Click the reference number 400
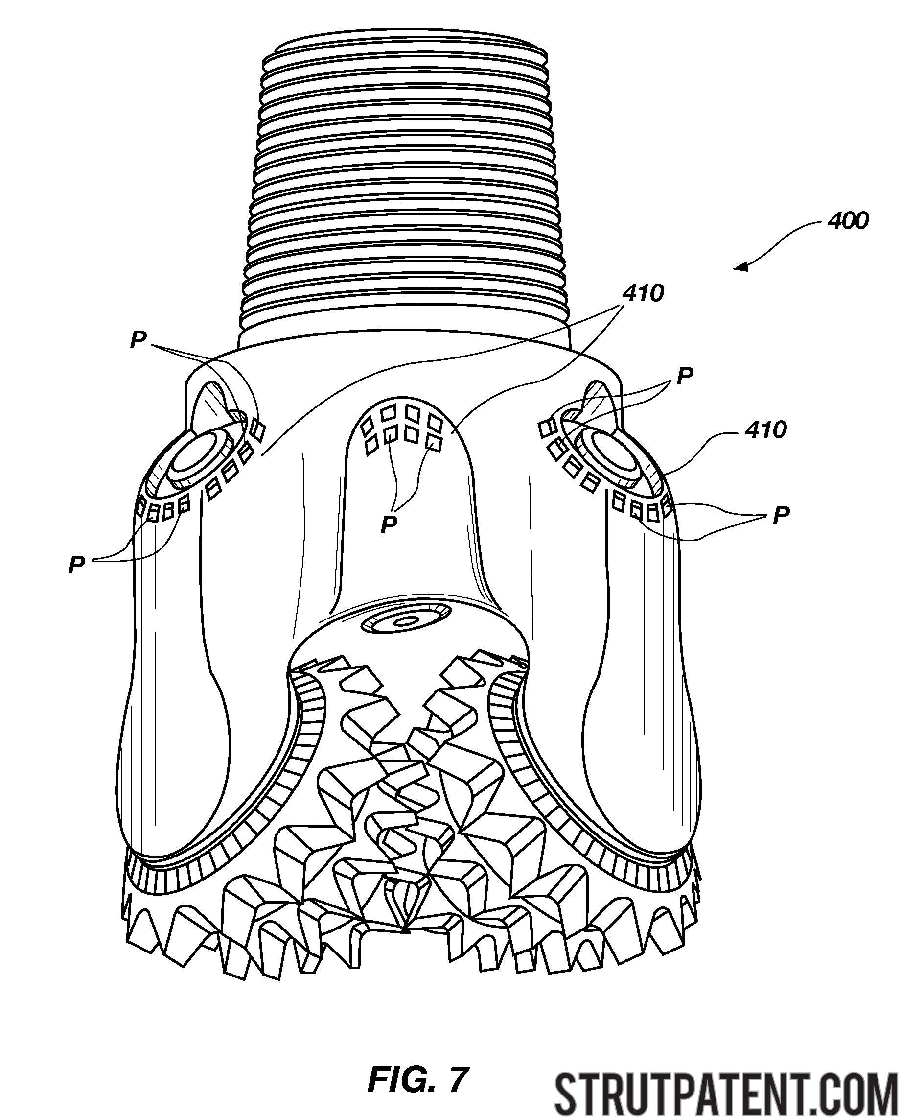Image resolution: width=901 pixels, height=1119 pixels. pos(848,221)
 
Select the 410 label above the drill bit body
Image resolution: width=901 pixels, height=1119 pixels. pos(643,294)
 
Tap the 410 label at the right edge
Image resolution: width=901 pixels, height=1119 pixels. pos(765,430)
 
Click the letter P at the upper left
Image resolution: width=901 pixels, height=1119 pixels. pos(138,341)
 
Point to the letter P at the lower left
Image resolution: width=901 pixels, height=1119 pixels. pos(76,565)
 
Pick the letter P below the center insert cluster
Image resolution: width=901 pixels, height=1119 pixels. pos(389,524)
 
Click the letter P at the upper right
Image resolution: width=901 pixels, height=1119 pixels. pos(685,375)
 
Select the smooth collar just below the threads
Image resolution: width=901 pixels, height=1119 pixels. pos(404,337)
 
